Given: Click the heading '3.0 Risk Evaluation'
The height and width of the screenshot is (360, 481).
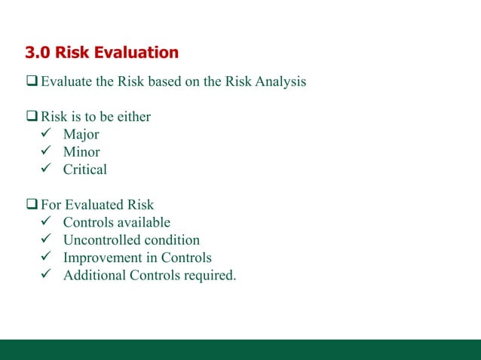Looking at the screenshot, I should click(x=102, y=53).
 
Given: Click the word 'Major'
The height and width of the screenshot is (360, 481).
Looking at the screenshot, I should click(x=81, y=135).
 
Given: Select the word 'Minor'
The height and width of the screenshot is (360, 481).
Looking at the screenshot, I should click(x=81, y=152).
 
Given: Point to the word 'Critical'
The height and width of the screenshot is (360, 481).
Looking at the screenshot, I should click(x=84, y=169).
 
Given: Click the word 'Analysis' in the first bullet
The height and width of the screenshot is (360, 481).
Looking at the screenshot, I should click(x=280, y=81).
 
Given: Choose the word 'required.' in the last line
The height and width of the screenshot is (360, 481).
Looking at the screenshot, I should click(x=210, y=275).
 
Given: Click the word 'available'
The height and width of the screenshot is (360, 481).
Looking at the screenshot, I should click(x=142, y=222).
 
